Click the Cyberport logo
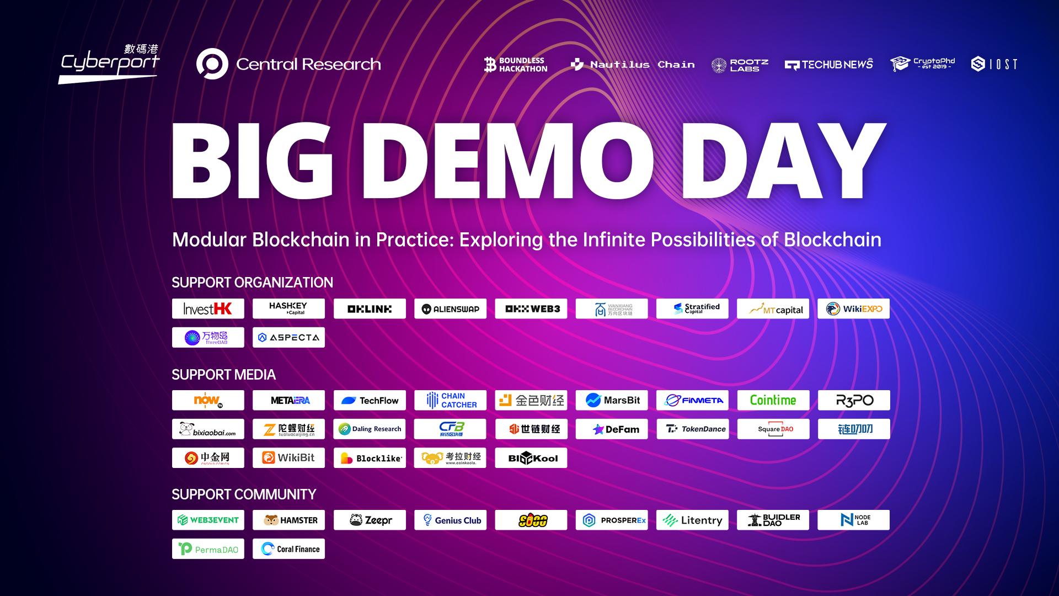pyautogui.click(x=109, y=64)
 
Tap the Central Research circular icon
pyautogui.click(x=212, y=64)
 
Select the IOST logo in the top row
pyautogui.click(x=994, y=65)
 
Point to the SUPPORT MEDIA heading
pyautogui.click(x=223, y=375)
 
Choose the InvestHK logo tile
pyautogui.click(x=208, y=308)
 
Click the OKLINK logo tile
pyautogui.click(x=370, y=308)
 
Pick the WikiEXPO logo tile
pyautogui.click(x=853, y=308)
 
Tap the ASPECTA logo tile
pyautogui.click(x=288, y=337)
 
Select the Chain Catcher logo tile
pyautogui.click(x=450, y=400)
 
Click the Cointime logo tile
pyautogui.click(x=773, y=400)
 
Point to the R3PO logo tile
pyautogui.click(x=853, y=400)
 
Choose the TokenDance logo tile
pyautogui.click(x=692, y=429)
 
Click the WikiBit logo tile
pyautogui.click(x=288, y=457)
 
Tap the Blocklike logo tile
pyautogui.click(x=370, y=457)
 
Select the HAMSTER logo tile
pyautogui.click(x=288, y=520)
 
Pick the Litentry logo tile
pyautogui.click(x=692, y=520)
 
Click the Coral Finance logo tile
pyautogui.click(x=288, y=549)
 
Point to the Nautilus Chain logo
pyautogui.click(x=633, y=65)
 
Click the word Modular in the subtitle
pyautogui.click(x=209, y=240)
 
